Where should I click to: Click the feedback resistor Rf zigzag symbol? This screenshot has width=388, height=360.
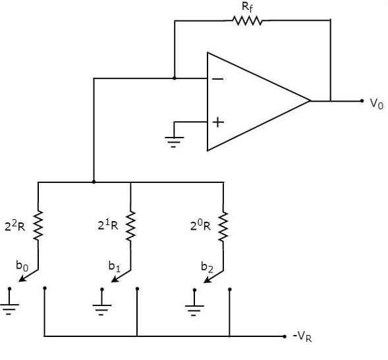click(247, 21)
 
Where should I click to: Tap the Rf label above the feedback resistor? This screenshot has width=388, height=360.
click(247, 7)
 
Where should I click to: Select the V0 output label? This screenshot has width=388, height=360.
click(376, 103)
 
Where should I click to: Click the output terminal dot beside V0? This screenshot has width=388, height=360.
click(362, 101)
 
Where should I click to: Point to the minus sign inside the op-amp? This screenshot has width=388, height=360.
click(218, 79)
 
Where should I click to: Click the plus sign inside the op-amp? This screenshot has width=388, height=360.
click(218, 122)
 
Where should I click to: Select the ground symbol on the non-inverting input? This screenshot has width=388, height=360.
click(174, 141)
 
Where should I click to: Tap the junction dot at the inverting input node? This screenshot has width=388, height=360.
click(175, 78)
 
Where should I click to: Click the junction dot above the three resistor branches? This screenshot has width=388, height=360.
click(94, 182)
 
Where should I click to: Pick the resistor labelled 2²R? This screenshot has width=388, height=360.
click(38, 225)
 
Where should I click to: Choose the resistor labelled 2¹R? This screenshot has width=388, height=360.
click(130, 226)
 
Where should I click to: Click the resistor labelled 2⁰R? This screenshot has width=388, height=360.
click(223, 226)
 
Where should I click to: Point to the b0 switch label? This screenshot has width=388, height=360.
click(22, 266)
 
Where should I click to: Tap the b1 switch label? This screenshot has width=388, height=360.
click(115, 267)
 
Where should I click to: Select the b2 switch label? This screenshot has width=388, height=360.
click(207, 267)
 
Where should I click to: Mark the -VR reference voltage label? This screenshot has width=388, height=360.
click(302, 337)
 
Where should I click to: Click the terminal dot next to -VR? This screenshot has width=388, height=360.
click(285, 336)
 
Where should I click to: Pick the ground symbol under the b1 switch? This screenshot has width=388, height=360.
click(102, 302)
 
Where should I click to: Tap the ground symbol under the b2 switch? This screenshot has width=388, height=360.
click(194, 303)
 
